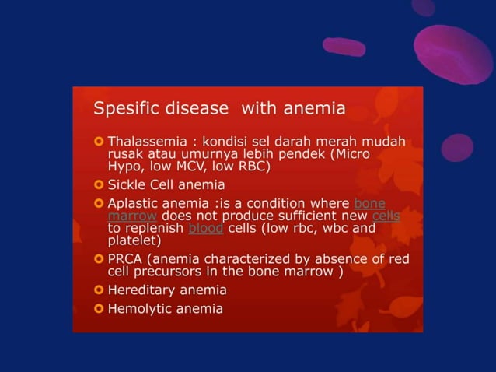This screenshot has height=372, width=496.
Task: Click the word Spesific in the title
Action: (120, 108)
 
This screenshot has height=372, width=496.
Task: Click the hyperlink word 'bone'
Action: (369, 204)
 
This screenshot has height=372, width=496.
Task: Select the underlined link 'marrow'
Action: (132, 216)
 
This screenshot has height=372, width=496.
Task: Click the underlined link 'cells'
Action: (386, 216)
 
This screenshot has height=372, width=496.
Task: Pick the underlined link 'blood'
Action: (205, 228)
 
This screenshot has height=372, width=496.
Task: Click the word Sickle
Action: (127, 185)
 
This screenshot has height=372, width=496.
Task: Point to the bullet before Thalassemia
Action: (98, 142)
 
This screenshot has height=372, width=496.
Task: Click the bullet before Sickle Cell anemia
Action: (98, 185)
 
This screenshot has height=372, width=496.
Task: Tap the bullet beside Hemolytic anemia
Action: (98, 309)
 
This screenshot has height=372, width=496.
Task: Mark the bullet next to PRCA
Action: (98, 259)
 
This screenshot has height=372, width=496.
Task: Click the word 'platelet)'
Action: (134, 240)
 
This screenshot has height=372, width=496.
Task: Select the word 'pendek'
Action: (302, 154)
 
